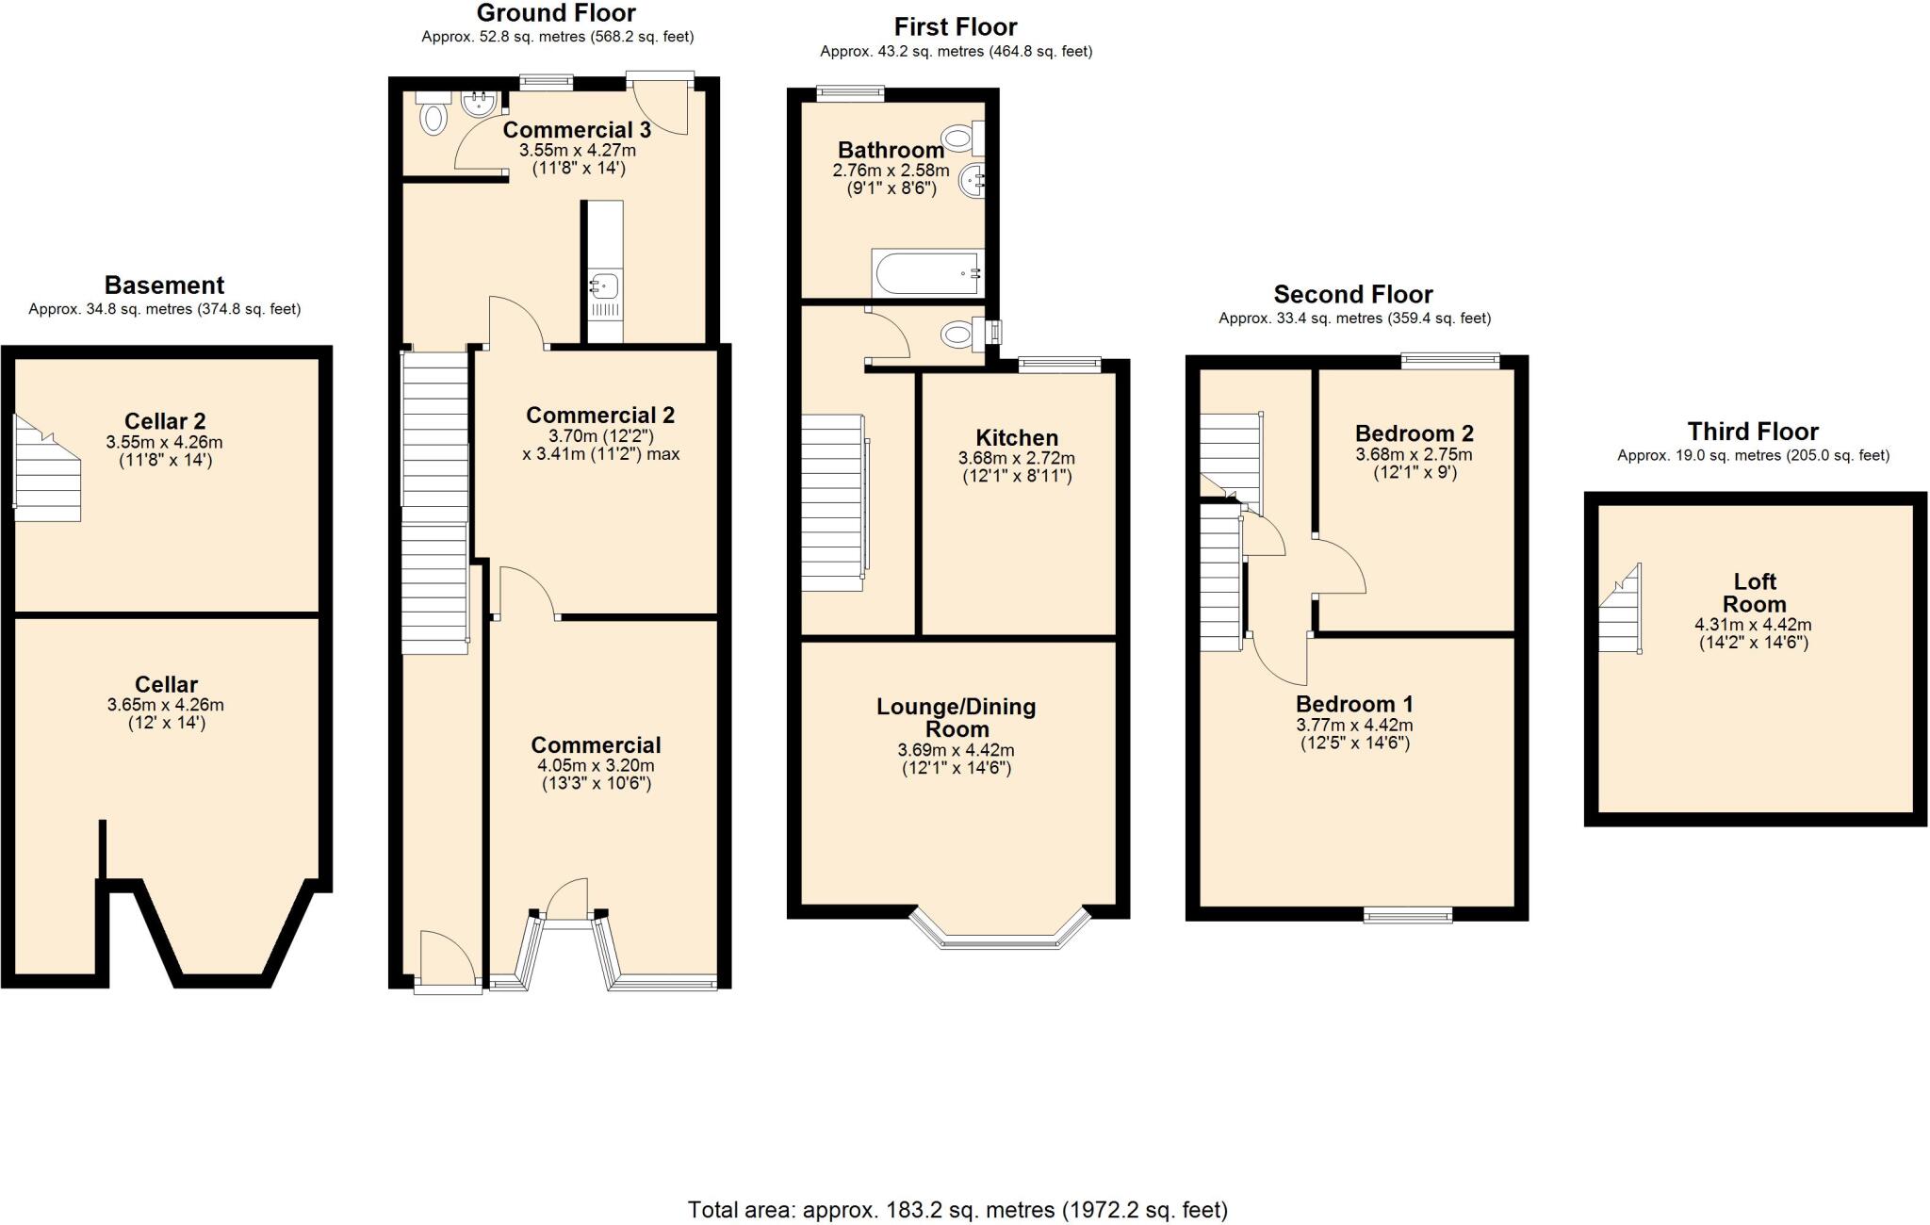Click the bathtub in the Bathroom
[928, 273]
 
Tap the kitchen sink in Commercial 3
[604, 283]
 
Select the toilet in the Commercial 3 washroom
[433, 118]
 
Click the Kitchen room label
[1016, 437]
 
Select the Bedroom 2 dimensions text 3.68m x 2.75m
[1414, 454]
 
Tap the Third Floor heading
[1752, 432]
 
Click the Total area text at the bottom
[957, 1209]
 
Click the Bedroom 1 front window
[1409, 914]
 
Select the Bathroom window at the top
[850, 92]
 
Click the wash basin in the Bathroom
[973, 180]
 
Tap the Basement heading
[164, 285]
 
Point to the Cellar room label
[166, 684]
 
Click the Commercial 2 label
[599, 415]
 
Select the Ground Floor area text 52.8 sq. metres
[557, 37]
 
